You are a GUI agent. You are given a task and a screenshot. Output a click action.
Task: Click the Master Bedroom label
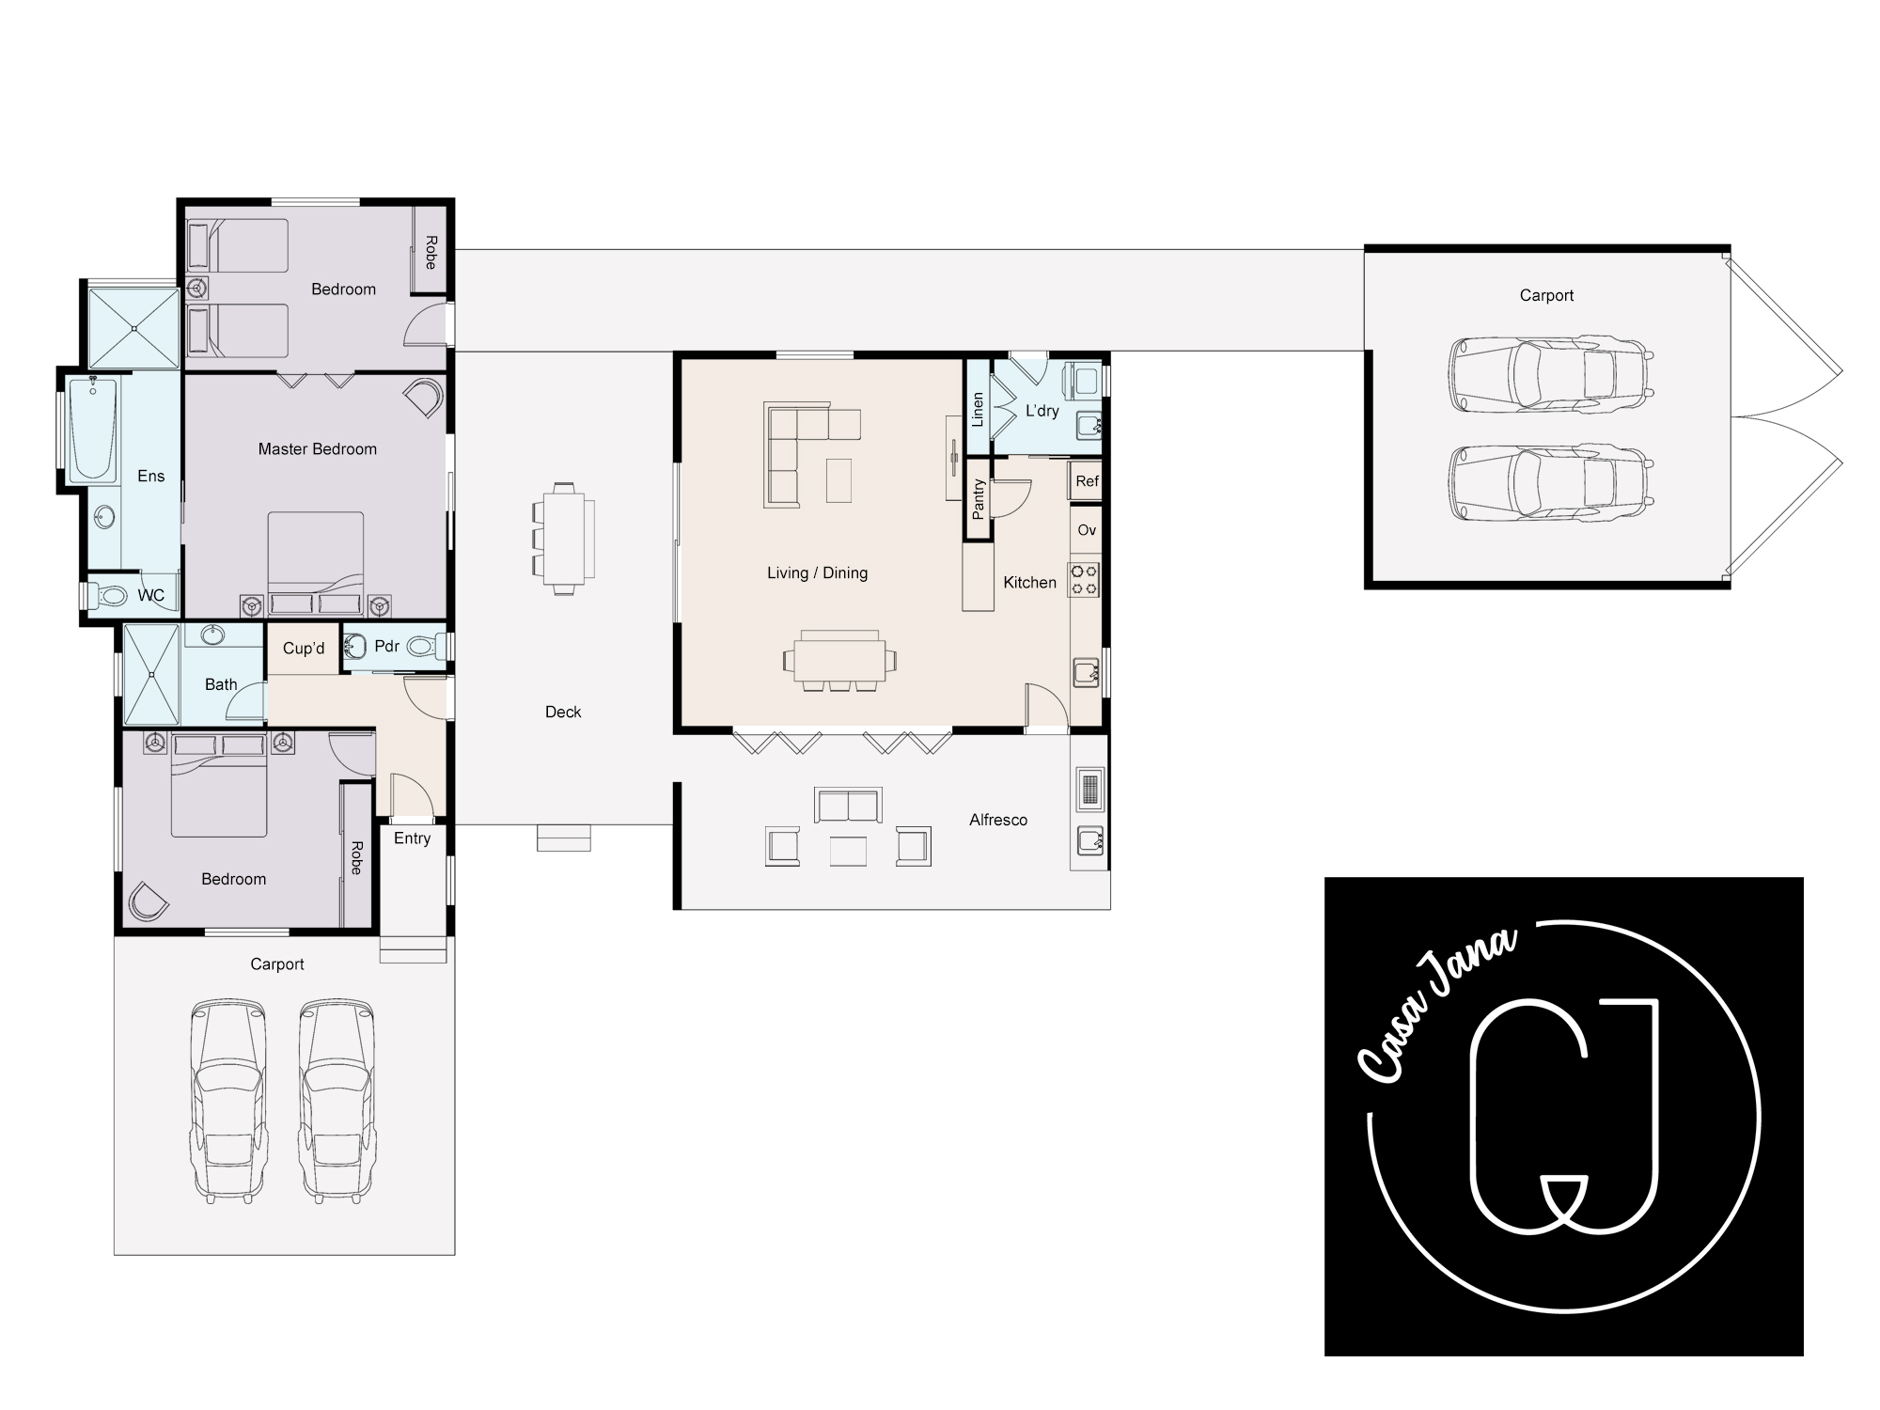point(318,449)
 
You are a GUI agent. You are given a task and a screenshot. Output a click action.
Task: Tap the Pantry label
point(979,499)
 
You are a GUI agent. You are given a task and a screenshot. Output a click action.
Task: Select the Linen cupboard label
point(978,410)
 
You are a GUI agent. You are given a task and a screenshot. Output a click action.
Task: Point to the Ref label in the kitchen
point(1087,481)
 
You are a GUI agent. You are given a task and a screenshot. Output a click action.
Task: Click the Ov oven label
point(1087,530)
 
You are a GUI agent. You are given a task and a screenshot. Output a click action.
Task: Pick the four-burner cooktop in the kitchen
point(1084,579)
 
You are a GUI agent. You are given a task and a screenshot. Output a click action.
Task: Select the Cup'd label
point(304,649)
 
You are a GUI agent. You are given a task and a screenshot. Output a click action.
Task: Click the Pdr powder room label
point(387,647)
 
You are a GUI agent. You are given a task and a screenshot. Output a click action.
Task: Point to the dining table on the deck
point(564,539)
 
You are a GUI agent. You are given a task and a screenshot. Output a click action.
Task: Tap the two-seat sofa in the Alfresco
point(849,805)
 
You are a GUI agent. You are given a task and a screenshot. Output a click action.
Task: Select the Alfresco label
point(998,821)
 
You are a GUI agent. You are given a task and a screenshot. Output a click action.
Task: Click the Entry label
point(413,838)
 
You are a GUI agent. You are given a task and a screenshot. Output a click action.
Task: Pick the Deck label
point(563,713)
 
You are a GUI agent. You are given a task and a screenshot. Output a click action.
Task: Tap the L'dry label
point(1042,411)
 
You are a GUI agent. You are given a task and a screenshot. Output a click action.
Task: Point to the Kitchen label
point(1030,583)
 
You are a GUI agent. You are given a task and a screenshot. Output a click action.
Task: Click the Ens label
point(151,477)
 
